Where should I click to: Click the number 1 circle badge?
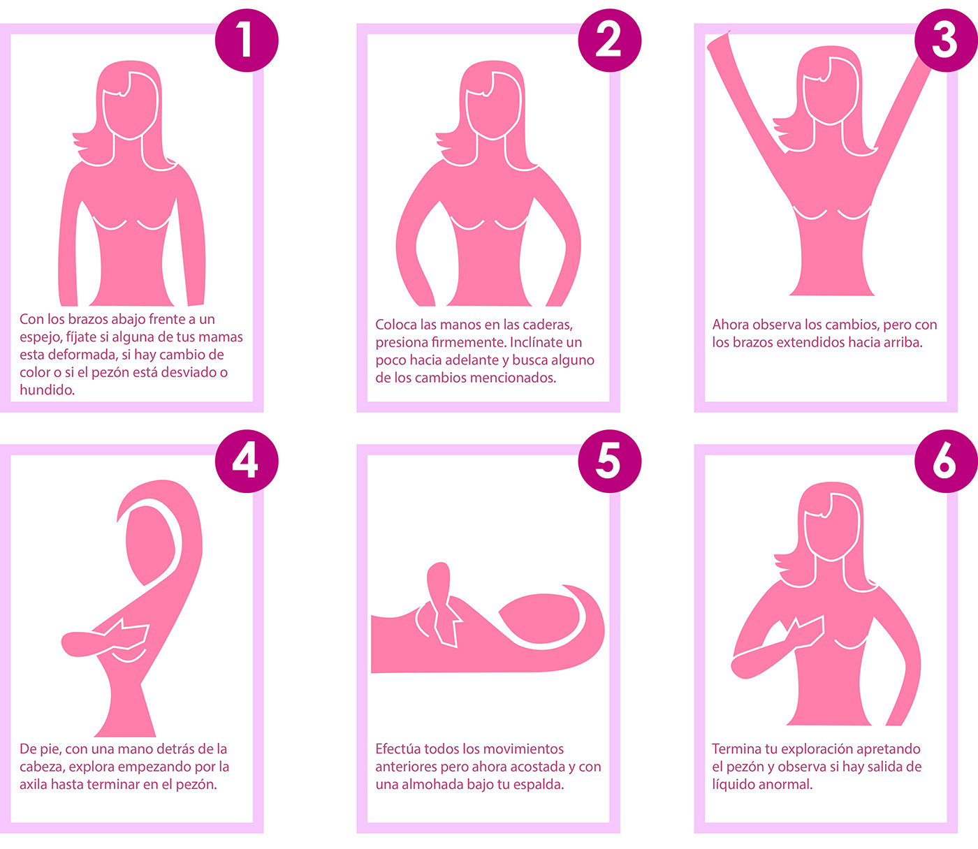[x=247, y=40]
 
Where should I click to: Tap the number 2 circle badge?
[x=609, y=40]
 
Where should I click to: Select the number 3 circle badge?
[x=946, y=40]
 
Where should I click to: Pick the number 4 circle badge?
[x=247, y=461]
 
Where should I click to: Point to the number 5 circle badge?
[x=609, y=461]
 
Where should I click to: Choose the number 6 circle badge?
[x=946, y=461]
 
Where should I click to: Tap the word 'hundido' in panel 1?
[x=46, y=390]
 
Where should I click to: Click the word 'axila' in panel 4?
[x=33, y=785]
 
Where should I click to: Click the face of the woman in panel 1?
[x=130, y=106]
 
